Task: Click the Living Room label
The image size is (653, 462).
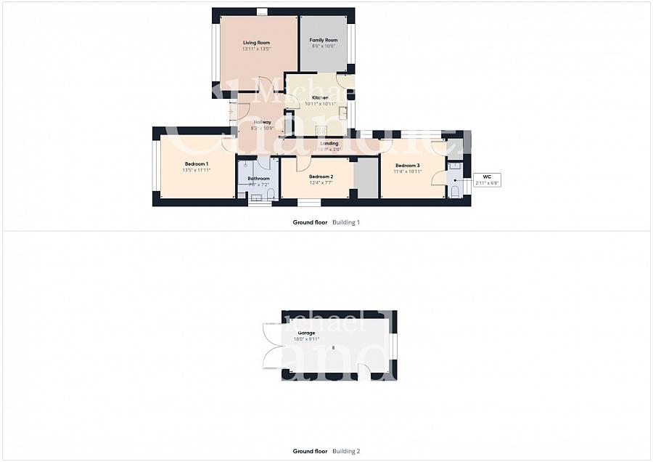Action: [256, 43]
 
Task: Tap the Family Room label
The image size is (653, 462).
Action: [324, 40]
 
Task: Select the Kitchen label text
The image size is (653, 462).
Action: [320, 97]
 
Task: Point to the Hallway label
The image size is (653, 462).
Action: [262, 122]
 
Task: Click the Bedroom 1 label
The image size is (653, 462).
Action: [196, 164]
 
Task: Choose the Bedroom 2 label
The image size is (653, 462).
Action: [321, 177]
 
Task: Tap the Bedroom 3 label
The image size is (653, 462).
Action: [407, 166]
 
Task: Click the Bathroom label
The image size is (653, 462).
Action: [258, 179]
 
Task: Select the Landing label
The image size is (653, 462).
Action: [329, 143]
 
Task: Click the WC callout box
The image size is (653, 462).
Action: [486, 179]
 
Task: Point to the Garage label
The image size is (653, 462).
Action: [306, 333]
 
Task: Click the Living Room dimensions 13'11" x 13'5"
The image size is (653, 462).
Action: [256, 49]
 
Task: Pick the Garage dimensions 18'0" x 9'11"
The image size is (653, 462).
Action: [306, 339]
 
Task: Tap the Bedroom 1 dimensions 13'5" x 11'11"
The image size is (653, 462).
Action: [196, 171]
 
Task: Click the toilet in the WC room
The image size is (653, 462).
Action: [454, 191]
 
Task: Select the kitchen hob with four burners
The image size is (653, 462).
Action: [321, 131]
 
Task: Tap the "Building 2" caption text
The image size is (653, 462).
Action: [346, 451]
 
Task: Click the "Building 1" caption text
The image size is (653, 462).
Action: [346, 222]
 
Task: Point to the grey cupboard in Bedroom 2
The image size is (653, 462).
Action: [366, 177]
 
